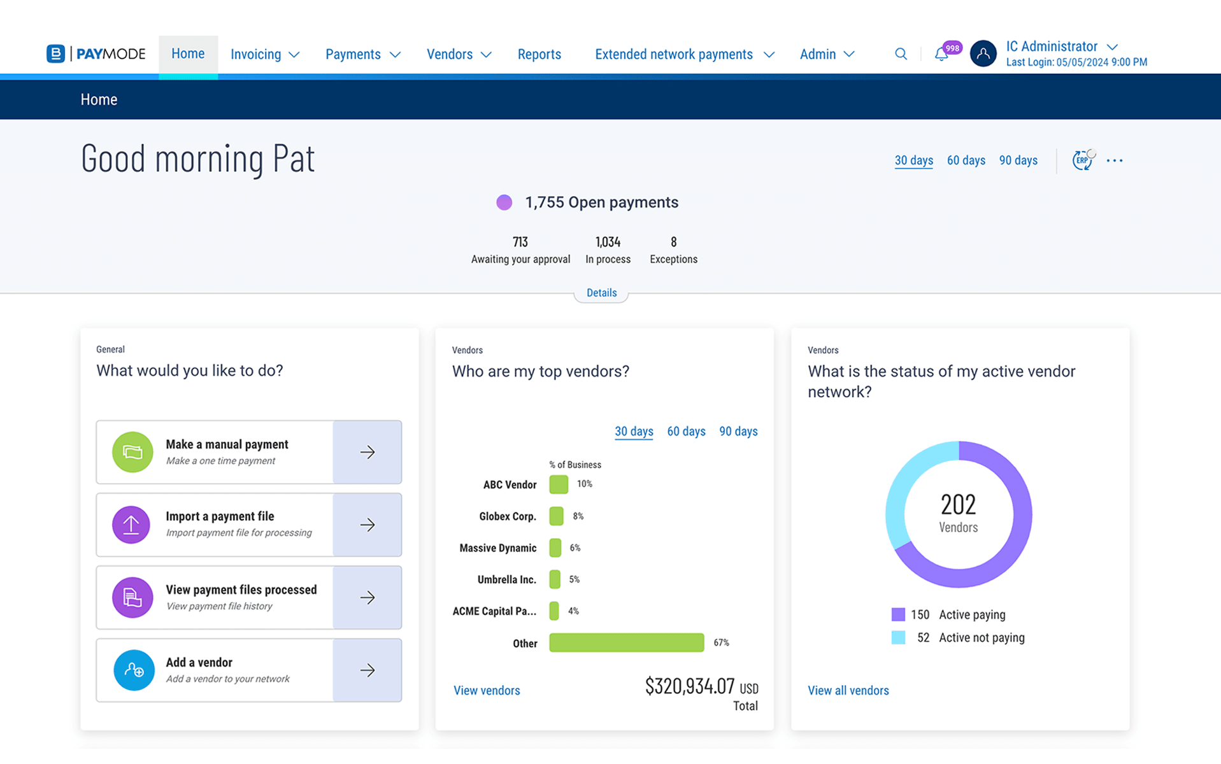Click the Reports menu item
(539, 55)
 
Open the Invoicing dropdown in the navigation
(264, 55)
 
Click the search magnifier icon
(901, 54)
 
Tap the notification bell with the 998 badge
(941, 55)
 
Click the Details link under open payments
(601, 293)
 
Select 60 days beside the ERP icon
(966, 160)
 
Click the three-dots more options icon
(1115, 160)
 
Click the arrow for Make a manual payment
(367, 452)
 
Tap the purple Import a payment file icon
(132, 525)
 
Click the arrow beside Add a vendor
(367, 670)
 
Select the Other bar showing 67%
(626, 642)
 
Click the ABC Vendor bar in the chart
(559, 485)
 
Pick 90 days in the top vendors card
(738, 432)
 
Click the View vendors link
(487, 691)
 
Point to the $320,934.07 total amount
(690, 686)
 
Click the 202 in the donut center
(958, 505)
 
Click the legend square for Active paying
(898, 614)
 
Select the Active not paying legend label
(982, 638)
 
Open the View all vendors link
(848, 691)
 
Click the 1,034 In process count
(608, 243)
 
